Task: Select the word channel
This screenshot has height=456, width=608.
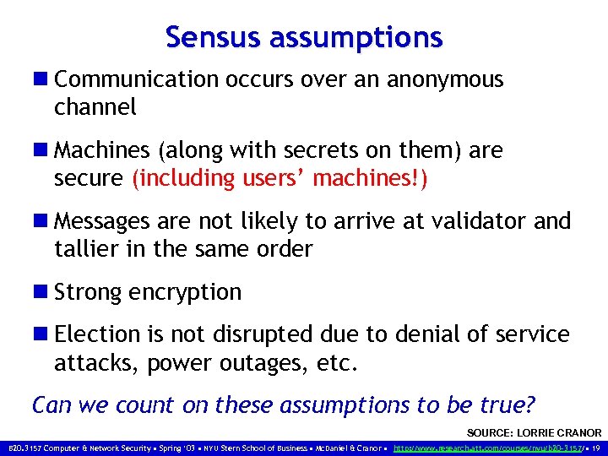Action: pos(95,107)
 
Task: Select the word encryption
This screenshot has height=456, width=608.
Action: pos(185,293)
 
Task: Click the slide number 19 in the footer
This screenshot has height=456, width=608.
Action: pos(597,447)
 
